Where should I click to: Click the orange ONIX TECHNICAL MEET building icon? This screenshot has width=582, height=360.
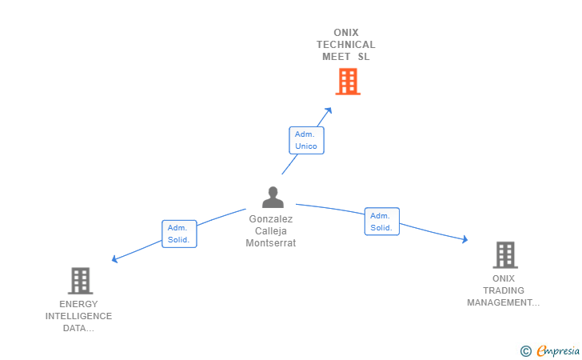pyautogui.click(x=347, y=81)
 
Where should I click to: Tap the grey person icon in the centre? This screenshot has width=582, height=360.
pyautogui.click(x=273, y=197)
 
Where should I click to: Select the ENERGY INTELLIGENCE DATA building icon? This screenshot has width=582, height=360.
pyautogui.click(x=80, y=281)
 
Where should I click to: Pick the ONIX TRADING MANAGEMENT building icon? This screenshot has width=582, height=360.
pyautogui.click(x=504, y=254)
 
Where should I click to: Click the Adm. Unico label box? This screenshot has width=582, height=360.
pyautogui.click(x=306, y=140)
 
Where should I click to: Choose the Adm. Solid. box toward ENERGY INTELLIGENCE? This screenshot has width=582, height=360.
pyautogui.click(x=179, y=234)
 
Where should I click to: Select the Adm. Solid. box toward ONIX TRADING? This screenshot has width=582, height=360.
pyautogui.click(x=381, y=222)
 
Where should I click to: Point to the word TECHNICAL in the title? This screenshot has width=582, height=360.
pyautogui.click(x=345, y=45)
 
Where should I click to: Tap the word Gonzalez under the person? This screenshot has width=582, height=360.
pyautogui.click(x=271, y=218)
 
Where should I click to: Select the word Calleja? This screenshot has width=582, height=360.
pyautogui.click(x=271, y=231)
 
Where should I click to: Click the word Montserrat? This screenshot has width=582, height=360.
pyautogui.click(x=271, y=243)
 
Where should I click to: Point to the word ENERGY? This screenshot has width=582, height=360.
pyautogui.click(x=78, y=304)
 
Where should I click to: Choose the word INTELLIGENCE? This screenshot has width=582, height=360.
pyautogui.click(x=78, y=316)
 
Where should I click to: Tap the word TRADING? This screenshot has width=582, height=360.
pyautogui.click(x=504, y=290)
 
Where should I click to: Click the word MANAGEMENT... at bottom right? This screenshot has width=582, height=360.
pyautogui.click(x=504, y=302)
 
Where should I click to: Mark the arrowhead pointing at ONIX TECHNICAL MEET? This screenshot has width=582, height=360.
pyautogui.click(x=329, y=110)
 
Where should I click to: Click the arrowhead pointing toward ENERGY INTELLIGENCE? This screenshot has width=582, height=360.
pyautogui.click(x=115, y=259)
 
